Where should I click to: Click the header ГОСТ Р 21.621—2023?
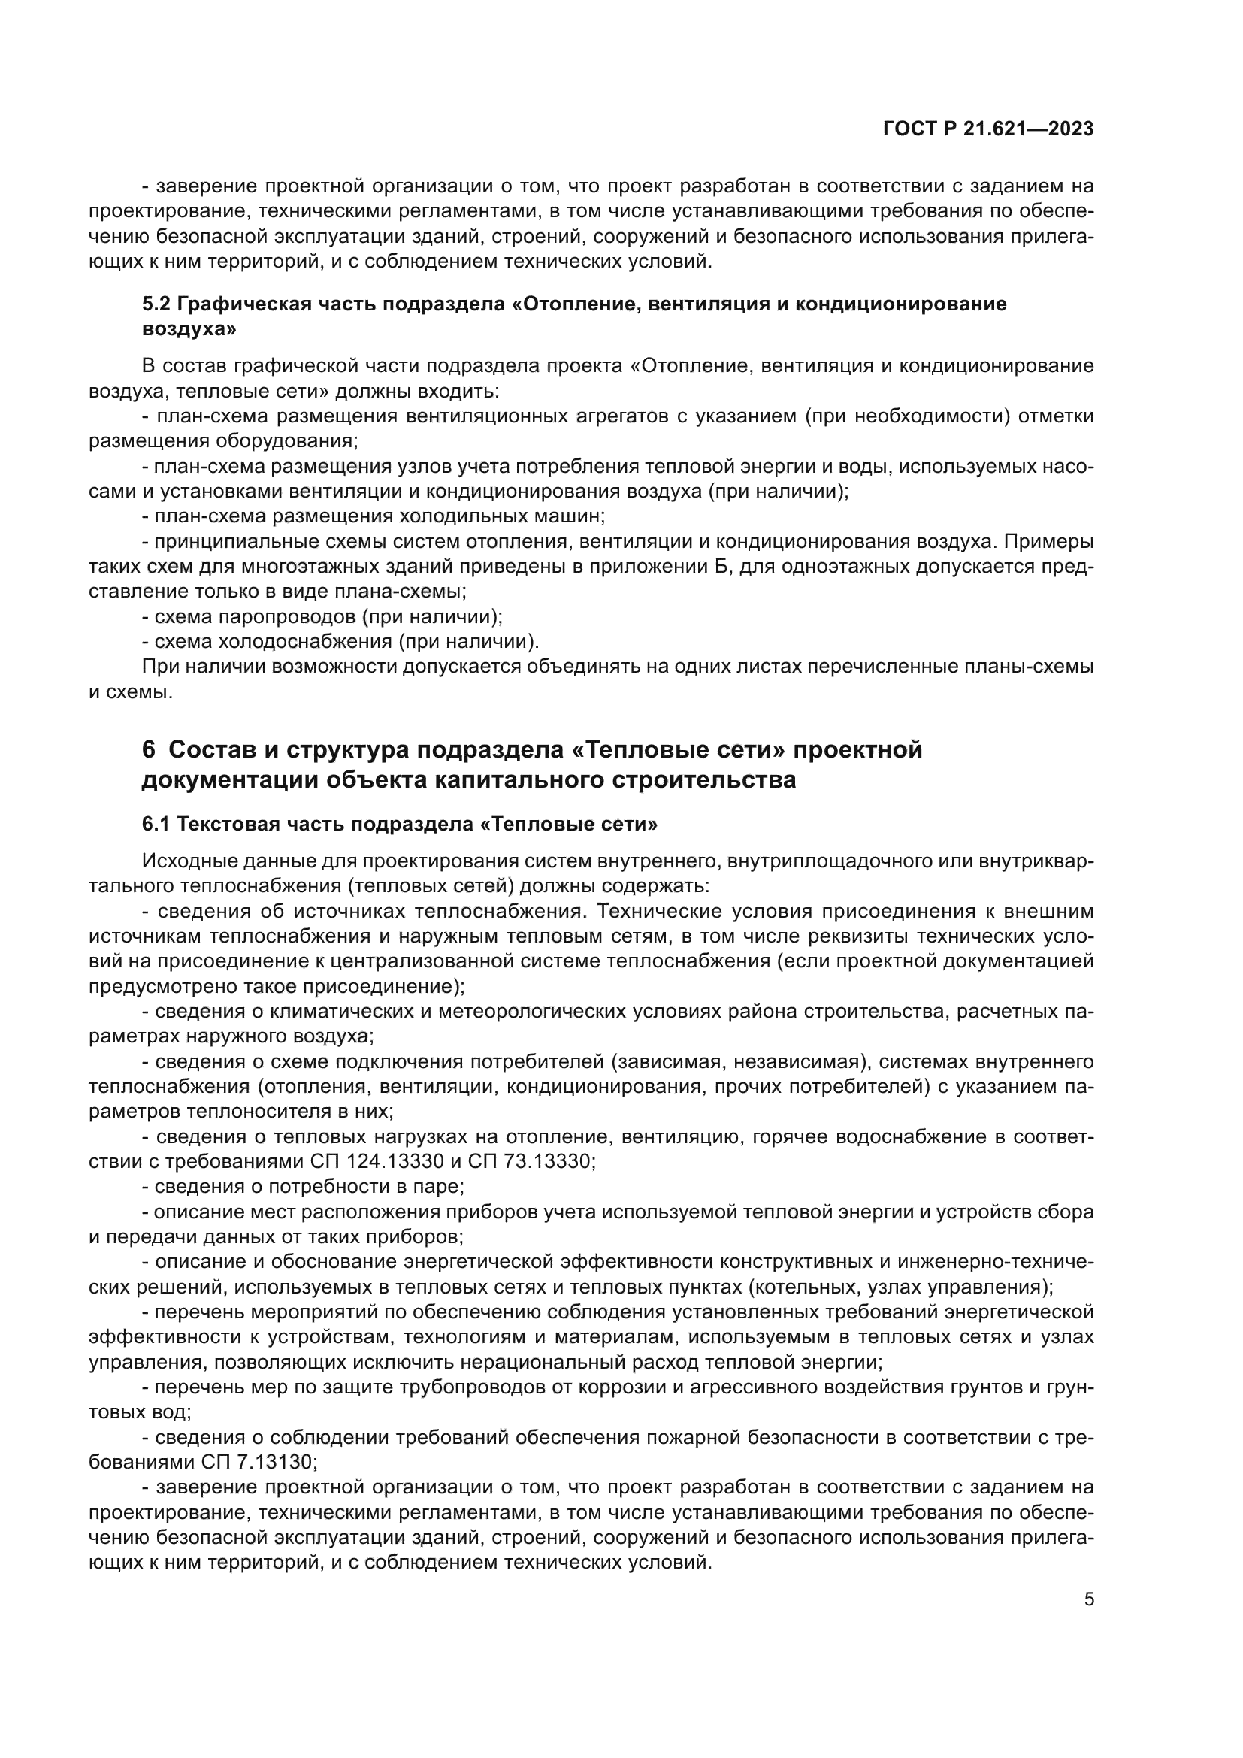tap(988, 129)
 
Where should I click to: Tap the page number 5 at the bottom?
tap(1088, 1599)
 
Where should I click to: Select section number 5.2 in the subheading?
tap(156, 304)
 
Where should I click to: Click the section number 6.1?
tap(156, 824)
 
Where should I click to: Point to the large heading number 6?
tap(149, 749)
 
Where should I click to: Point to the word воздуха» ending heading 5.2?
tap(189, 329)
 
